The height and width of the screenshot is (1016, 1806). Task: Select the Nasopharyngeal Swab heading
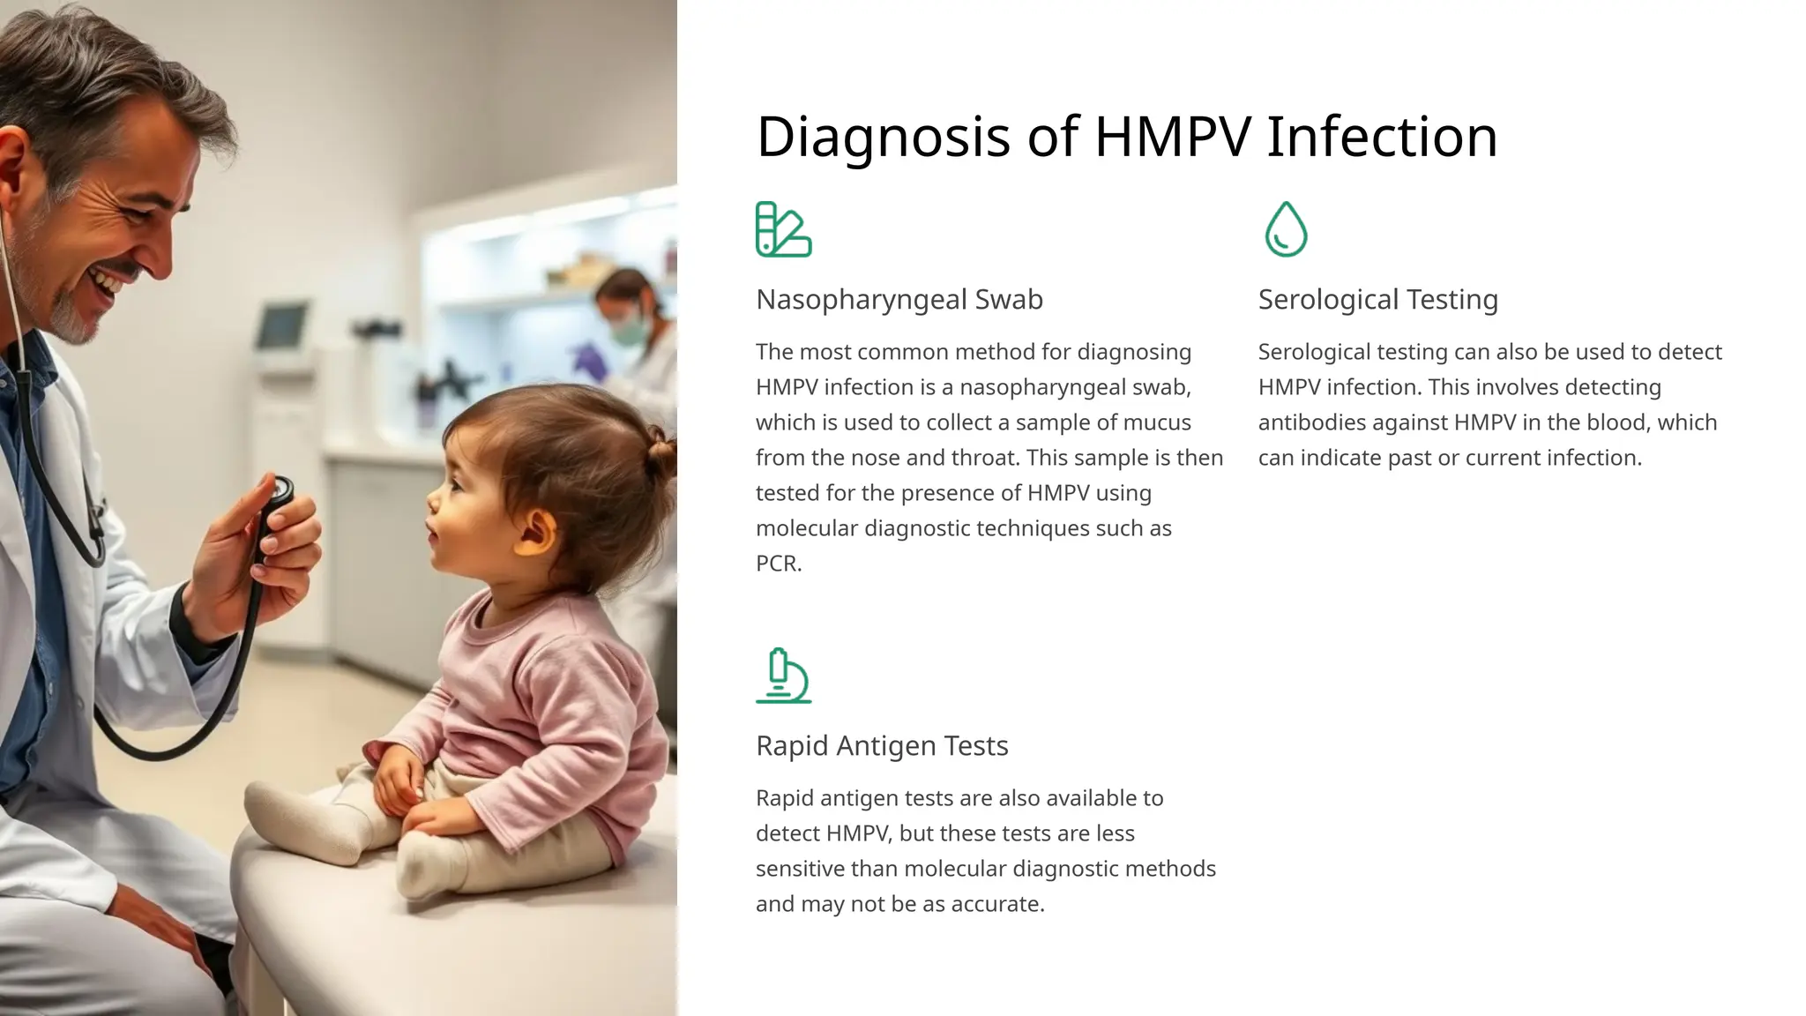899,300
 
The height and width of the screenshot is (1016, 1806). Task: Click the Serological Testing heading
1377,300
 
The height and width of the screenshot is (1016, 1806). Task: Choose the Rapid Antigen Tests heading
882,746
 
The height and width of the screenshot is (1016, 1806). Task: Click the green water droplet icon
1286,229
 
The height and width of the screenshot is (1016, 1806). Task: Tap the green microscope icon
783,676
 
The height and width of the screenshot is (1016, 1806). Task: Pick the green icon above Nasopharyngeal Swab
783,229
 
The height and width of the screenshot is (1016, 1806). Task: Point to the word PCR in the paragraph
777,564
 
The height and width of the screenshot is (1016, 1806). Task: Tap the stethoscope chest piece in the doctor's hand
280,490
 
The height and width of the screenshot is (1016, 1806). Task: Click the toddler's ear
535,534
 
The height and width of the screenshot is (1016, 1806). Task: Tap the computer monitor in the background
282,325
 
